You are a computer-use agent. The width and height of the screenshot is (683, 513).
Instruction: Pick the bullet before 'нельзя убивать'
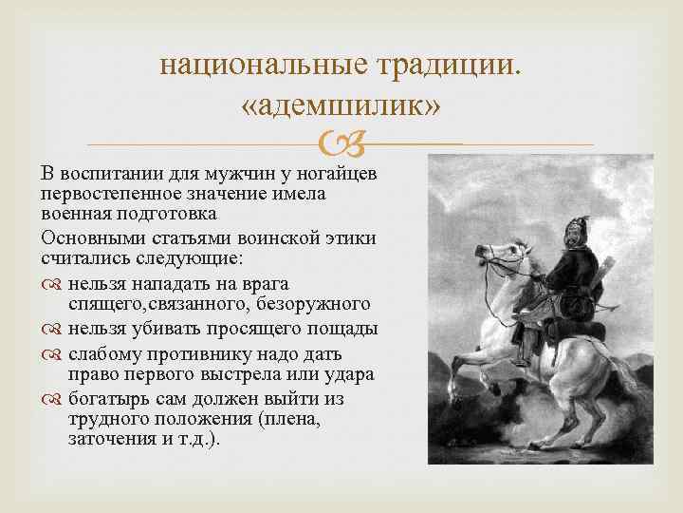tap(50, 330)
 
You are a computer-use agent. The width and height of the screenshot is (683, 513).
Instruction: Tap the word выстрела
tap(220, 374)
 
